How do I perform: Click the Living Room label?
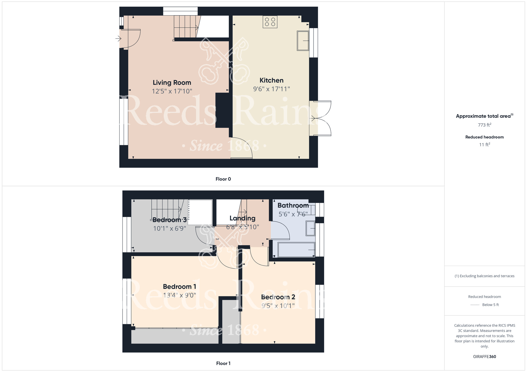tap(172, 83)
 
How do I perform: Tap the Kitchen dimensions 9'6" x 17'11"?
tap(271, 89)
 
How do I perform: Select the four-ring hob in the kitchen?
tap(270, 22)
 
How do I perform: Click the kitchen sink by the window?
tap(303, 41)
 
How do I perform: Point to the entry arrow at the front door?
tap(118, 39)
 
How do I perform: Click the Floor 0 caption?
tap(223, 179)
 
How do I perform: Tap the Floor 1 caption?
tap(223, 363)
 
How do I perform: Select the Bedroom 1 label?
tap(179, 286)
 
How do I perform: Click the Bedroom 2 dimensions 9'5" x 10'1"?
tap(278, 306)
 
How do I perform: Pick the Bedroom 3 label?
tap(169, 220)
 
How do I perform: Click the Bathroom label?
tap(293, 205)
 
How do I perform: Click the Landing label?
tap(242, 218)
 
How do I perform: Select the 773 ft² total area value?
tap(484, 125)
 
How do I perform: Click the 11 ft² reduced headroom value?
tap(484, 145)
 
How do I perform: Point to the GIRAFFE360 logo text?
tap(484, 357)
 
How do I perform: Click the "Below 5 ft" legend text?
tap(490, 305)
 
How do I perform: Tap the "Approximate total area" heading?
tap(483, 116)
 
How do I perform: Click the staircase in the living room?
tap(186, 27)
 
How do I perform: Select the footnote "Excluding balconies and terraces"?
tap(484, 276)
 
